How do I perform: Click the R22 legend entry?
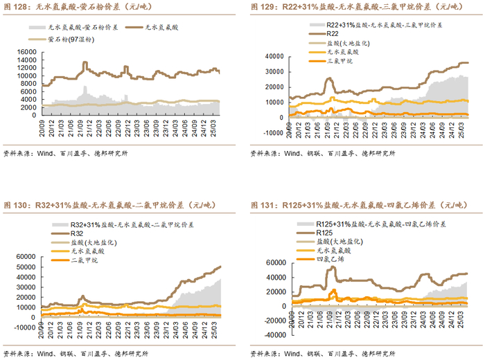(332, 33)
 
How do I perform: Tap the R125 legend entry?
(326, 234)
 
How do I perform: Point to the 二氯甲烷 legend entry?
(87, 260)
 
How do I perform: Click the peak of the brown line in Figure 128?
(85, 63)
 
